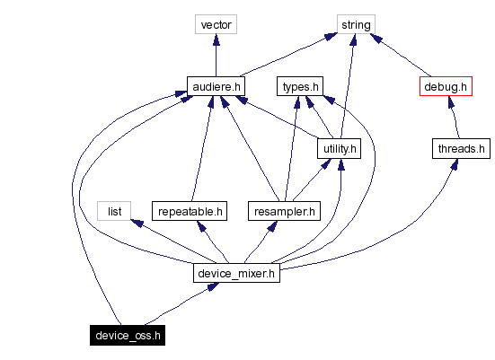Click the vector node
216,24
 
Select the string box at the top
356,24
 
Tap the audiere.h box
216,86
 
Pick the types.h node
300,86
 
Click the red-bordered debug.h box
445,86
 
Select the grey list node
114,211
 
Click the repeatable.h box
189,211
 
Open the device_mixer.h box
235,272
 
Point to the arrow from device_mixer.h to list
171,240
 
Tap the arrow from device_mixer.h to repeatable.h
213,242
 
